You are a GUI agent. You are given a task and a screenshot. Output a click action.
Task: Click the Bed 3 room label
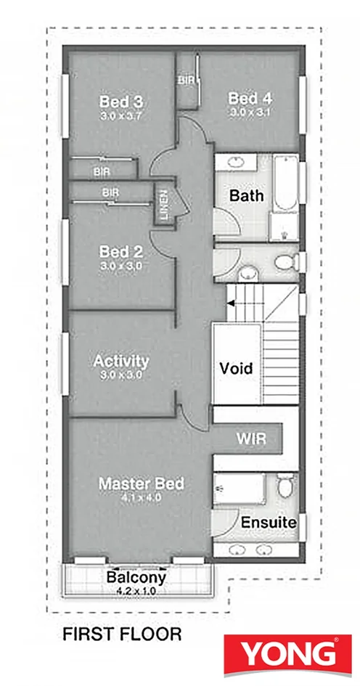click(121, 102)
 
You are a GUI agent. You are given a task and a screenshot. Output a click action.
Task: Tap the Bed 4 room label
click(250, 98)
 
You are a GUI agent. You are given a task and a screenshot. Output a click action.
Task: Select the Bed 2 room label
click(121, 252)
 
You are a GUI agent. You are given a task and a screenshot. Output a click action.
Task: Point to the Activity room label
click(120, 362)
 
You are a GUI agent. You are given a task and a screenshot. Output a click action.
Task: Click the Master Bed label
click(142, 484)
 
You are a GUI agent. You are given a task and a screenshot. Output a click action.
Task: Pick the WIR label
click(252, 438)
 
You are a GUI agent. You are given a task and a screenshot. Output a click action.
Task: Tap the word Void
click(236, 368)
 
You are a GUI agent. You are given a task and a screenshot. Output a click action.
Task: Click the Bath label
click(247, 195)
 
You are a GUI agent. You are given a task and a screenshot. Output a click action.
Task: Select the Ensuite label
click(269, 523)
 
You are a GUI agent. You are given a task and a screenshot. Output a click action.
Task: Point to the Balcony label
click(136, 578)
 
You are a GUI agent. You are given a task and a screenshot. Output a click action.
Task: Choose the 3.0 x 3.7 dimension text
click(121, 116)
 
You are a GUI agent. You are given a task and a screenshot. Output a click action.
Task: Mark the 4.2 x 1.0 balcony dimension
click(136, 592)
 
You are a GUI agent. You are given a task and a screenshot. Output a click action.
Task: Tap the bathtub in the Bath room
click(286, 184)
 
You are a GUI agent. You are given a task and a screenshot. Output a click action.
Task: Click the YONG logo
click(287, 654)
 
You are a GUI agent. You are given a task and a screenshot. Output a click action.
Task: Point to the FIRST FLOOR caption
click(122, 634)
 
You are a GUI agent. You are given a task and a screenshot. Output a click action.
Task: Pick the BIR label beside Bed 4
click(186, 81)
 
